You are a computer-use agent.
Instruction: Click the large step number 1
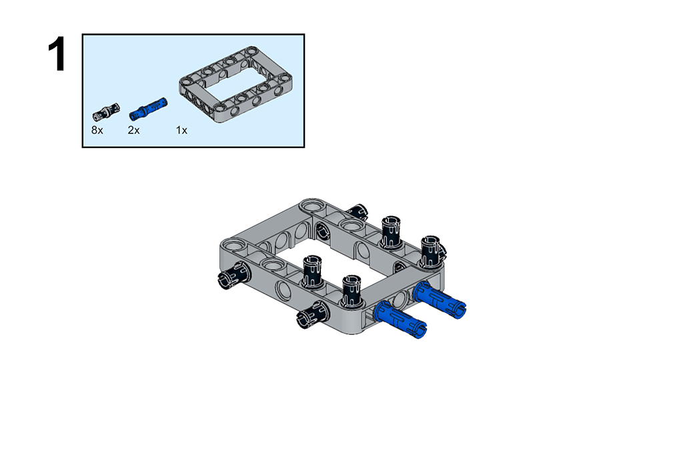click(x=57, y=54)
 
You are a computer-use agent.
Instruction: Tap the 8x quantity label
click(x=97, y=130)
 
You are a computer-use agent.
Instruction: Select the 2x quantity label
click(x=133, y=130)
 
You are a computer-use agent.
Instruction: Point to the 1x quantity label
click(x=181, y=130)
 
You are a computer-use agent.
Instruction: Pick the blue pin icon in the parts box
click(x=148, y=109)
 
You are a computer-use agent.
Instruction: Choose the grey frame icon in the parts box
click(x=235, y=84)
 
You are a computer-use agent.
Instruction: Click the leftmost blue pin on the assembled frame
click(x=401, y=320)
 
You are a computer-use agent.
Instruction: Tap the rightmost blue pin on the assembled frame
click(x=440, y=300)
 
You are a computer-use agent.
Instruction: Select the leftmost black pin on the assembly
click(x=234, y=276)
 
